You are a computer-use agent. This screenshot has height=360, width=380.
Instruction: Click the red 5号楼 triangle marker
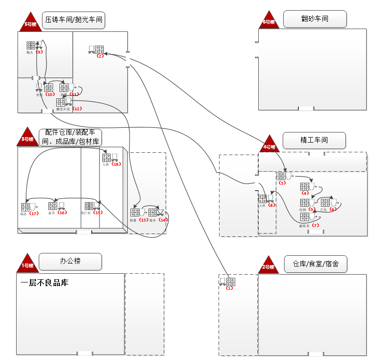[x=30, y=23]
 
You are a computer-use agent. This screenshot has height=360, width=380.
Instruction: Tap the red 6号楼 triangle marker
[x=269, y=21]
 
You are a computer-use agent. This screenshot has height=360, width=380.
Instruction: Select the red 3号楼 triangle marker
[x=28, y=138]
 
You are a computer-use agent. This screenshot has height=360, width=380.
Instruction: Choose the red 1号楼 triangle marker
[x=28, y=264]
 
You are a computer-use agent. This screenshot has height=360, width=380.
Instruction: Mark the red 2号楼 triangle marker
[x=269, y=266]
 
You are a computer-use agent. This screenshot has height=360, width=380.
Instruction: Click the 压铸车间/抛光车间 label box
[x=73, y=20]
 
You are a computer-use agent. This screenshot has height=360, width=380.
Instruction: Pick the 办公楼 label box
[x=70, y=261]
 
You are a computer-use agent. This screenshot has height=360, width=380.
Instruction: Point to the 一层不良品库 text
[x=44, y=283]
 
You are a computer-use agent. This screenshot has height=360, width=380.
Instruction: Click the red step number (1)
[x=230, y=288]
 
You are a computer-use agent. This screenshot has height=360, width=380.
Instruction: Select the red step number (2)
[x=100, y=56]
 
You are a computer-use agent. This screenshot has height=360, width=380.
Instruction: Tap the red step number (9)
[x=39, y=52]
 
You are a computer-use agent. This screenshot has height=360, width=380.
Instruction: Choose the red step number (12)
[x=77, y=109]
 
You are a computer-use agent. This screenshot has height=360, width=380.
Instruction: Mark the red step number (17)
[x=34, y=213]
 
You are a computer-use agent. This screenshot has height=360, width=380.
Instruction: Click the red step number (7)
[x=315, y=225]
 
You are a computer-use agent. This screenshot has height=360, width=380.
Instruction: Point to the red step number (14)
[x=163, y=220]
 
